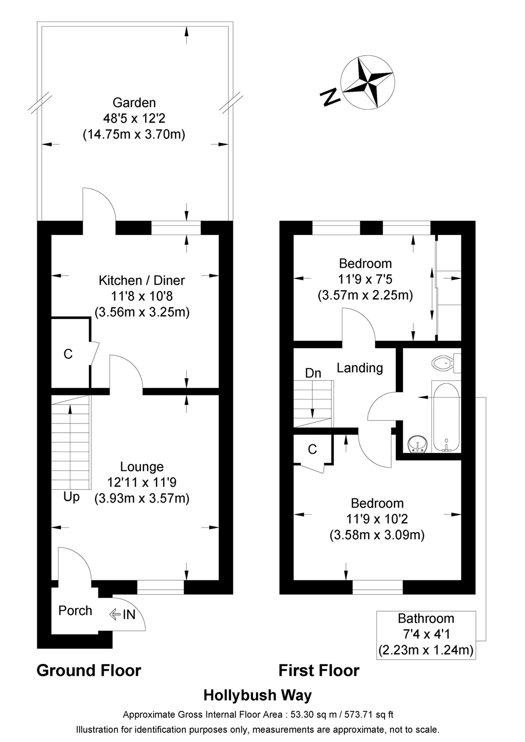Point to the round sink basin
417,445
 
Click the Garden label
134,103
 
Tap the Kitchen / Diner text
142,280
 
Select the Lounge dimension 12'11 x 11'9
142,483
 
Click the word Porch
75,611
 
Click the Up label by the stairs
72,497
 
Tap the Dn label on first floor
313,373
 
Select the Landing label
360,368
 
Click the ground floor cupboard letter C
68,354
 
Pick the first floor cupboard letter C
312,449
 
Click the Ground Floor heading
89,671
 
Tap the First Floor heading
319,671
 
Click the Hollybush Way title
258,695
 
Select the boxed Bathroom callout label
426,634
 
